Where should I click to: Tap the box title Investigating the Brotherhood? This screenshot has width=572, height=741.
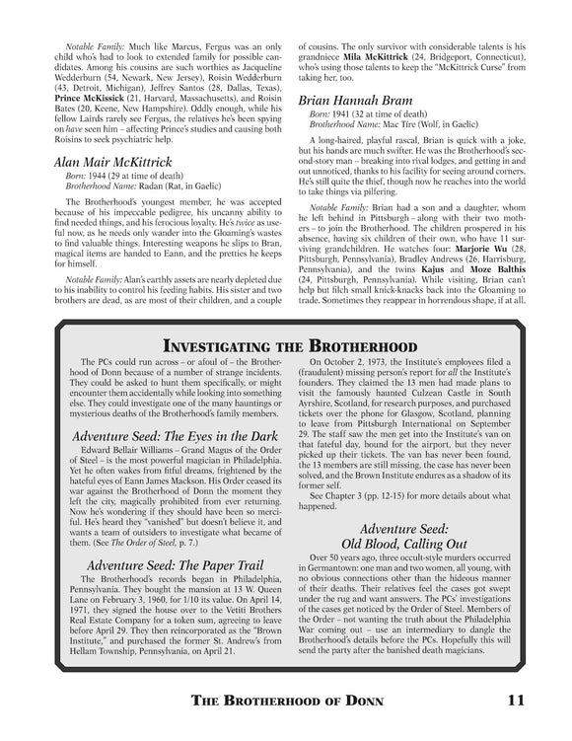pyautogui.click(x=285, y=346)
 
